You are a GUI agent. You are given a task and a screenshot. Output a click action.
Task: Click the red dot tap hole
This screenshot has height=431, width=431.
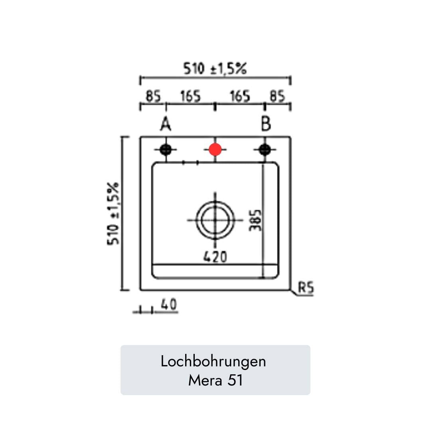click(215, 150)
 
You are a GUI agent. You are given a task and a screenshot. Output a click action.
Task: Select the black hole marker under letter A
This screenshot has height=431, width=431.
click(166, 150)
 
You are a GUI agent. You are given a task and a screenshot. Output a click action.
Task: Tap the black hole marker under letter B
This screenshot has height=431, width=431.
click(265, 150)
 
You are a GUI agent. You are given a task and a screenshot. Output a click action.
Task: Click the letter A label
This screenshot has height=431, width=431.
click(166, 124)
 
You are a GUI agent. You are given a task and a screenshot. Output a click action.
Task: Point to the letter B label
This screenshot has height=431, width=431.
click(266, 124)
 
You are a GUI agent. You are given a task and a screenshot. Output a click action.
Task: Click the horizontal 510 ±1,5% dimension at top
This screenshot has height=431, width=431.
click(215, 69)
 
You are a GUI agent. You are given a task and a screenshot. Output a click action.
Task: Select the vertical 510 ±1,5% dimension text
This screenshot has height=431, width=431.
click(113, 213)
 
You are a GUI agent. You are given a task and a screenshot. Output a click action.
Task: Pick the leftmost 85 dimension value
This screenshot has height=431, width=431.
click(153, 96)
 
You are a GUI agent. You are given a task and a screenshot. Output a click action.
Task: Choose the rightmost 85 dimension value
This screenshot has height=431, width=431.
click(277, 96)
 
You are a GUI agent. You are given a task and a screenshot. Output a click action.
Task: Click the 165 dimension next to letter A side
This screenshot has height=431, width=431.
click(190, 96)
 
